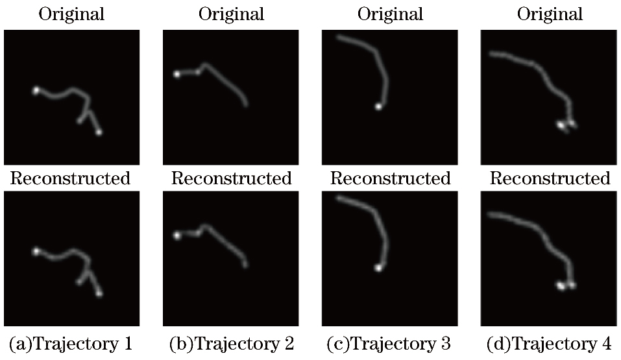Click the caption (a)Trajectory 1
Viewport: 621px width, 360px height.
71,343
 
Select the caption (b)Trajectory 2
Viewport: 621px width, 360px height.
231,343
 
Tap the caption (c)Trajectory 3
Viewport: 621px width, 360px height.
391,343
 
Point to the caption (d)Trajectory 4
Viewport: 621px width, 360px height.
550,343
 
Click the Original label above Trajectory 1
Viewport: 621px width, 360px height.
71,14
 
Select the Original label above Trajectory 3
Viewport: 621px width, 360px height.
391,14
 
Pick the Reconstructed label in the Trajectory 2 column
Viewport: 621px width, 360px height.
231,178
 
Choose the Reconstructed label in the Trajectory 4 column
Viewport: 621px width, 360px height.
550,178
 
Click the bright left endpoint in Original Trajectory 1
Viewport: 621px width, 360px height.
36,91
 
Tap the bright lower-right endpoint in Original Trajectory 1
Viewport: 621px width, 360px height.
99,132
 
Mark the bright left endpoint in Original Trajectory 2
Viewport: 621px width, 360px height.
177,75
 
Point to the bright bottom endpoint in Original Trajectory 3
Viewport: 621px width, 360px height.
378,106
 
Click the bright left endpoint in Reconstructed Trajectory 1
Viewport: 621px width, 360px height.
36,251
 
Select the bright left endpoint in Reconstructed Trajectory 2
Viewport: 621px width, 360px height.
177,235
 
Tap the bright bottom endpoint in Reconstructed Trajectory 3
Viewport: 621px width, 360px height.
378,267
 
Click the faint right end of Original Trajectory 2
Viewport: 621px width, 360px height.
246,104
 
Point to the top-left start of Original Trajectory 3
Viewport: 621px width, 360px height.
339,38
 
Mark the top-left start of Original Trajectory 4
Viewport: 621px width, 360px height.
491,54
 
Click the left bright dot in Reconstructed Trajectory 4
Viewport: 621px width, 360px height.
561,285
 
